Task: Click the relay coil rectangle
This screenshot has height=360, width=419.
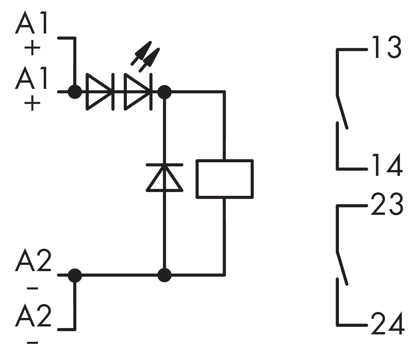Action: tap(225, 179)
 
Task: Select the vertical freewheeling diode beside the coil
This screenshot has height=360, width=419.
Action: tap(164, 177)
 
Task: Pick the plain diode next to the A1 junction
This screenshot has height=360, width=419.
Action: tap(100, 92)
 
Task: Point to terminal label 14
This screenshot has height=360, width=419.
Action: tap(387, 164)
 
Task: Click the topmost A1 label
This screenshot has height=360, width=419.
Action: tap(31, 22)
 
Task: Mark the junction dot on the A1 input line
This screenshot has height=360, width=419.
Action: tap(75, 92)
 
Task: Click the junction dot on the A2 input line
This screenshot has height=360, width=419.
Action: tap(75, 275)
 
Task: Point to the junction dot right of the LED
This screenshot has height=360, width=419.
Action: tap(164, 92)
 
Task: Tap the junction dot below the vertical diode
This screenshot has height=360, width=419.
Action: tap(164, 275)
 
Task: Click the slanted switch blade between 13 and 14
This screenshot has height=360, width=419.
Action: tap(342, 112)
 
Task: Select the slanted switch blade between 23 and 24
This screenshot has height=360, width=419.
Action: tap(342, 268)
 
